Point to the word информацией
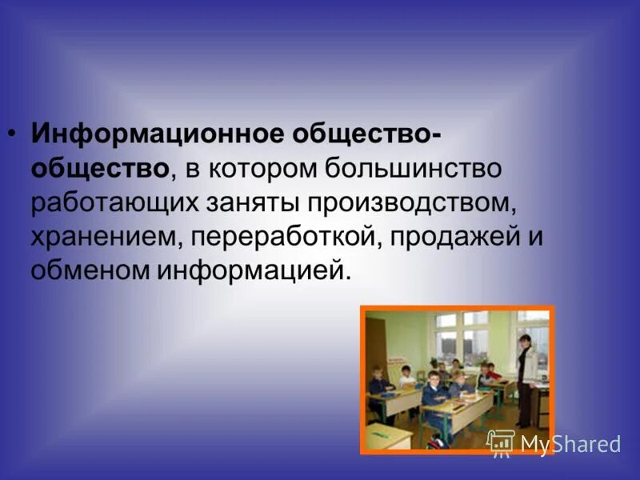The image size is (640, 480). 253,270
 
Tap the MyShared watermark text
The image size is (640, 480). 570,444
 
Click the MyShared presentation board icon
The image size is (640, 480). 501,442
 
